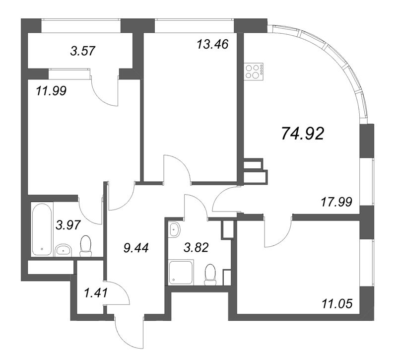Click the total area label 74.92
[302, 134]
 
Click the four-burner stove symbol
[255, 72]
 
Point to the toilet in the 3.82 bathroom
[211, 275]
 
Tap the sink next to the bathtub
[63, 250]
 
